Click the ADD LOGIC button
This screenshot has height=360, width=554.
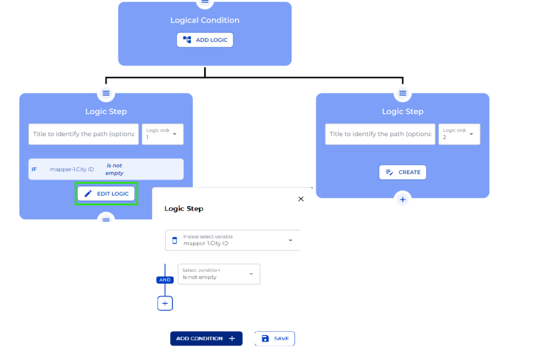click(x=205, y=40)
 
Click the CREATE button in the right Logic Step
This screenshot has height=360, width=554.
click(x=403, y=172)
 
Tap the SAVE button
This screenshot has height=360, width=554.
click(x=275, y=338)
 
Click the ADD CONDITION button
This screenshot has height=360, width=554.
click(x=206, y=338)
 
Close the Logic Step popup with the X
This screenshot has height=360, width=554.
click(x=301, y=199)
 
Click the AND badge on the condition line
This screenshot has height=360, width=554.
click(x=165, y=280)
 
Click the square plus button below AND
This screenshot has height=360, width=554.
click(x=165, y=304)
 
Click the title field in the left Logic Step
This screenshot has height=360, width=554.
click(x=83, y=134)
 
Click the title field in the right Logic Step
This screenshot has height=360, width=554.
click(x=380, y=134)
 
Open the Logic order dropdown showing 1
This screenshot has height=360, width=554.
click(x=162, y=134)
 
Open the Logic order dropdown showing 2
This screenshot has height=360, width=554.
click(x=459, y=134)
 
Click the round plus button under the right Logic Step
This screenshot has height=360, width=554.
click(x=403, y=200)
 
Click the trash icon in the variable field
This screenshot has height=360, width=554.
click(x=174, y=240)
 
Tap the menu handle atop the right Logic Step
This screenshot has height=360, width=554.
click(x=403, y=93)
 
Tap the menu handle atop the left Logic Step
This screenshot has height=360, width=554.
click(x=106, y=93)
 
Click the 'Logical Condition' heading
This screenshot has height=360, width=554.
click(x=205, y=21)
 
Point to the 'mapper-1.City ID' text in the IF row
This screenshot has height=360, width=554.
click(x=71, y=169)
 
